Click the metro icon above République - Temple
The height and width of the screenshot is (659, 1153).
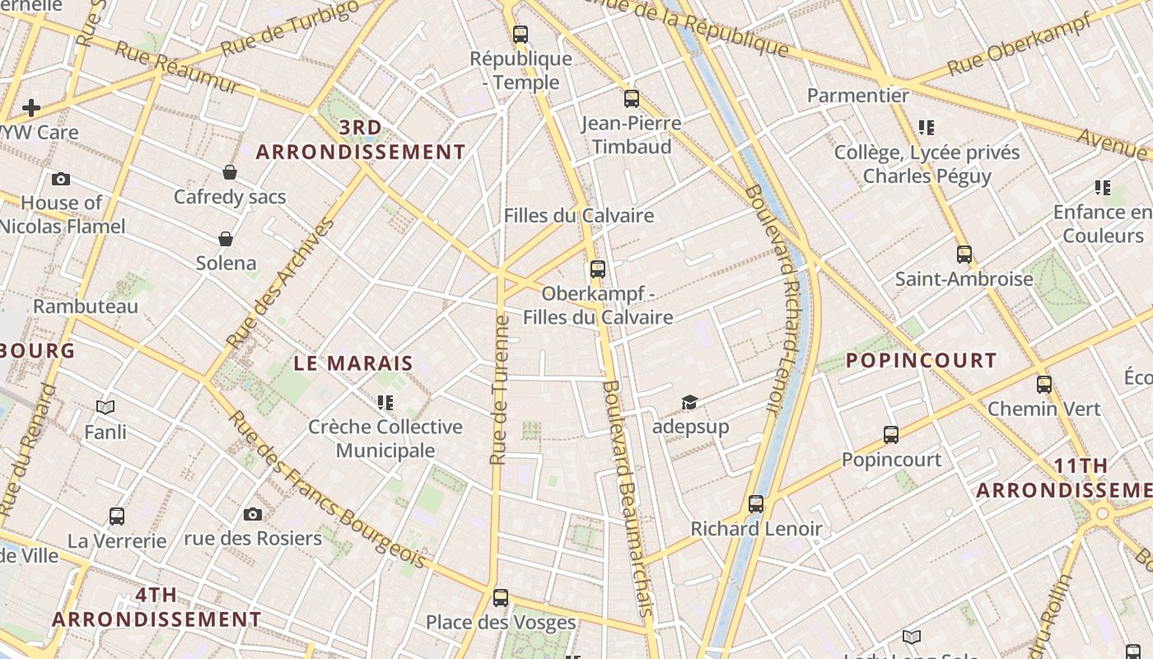[520, 35]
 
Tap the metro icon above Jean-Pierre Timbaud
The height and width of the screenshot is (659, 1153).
[632, 99]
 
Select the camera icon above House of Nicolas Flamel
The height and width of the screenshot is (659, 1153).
[60, 179]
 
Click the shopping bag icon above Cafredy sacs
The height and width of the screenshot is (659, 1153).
[230, 172]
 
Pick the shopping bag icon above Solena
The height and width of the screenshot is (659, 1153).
[226, 239]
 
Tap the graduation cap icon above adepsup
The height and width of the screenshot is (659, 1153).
[689, 402]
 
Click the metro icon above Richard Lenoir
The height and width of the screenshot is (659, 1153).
[756, 504]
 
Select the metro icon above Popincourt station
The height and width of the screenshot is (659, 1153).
[890, 434]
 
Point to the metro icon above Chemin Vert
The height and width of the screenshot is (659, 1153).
[1044, 384]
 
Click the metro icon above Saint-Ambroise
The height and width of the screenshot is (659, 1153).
[964, 254]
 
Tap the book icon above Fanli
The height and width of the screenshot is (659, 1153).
[105, 407]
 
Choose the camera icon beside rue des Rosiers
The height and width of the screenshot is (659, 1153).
[253, 515]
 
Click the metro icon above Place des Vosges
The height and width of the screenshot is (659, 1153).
[501, 598]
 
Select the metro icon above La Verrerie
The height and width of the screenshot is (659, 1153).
[117, 516]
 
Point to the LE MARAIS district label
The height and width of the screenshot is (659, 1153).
[353, 363]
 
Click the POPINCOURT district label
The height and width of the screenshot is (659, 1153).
[921, 361]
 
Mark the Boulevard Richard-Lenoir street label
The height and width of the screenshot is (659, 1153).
[773, 297]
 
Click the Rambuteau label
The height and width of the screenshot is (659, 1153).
[86, 306]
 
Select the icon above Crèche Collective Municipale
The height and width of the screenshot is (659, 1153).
[385, 403]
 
